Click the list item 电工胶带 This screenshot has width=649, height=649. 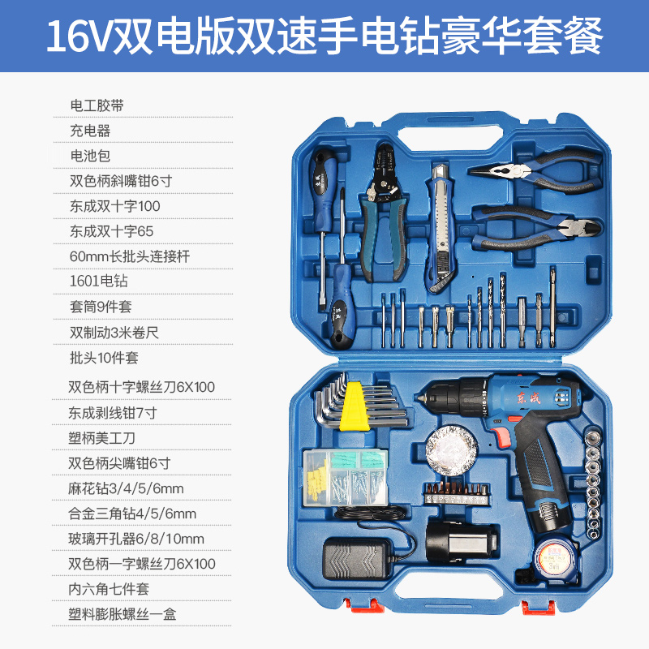[97, 105]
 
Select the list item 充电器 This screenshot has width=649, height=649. [90, 131]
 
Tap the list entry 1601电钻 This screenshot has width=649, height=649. [98, 281]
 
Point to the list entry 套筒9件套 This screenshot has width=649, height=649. [101, 307]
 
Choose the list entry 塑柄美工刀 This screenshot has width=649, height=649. [102, 438]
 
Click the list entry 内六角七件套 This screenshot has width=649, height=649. [109, 589]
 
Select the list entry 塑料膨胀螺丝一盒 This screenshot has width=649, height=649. [122, 614]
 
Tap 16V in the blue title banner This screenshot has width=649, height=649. [79, 36]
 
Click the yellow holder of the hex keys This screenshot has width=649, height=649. [355, 406]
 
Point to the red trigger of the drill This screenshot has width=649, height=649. [501, 436]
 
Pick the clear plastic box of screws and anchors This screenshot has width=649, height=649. [346, 478]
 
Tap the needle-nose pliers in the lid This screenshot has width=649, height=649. [535, 170]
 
